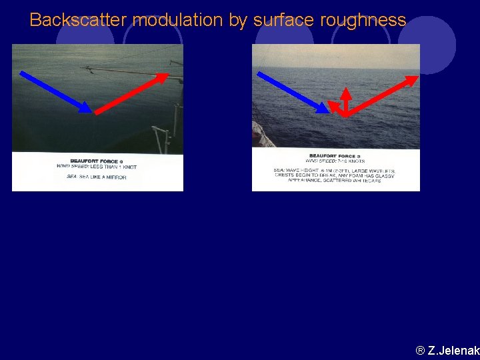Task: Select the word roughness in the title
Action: tap(363, 20)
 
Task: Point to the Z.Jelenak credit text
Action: tap(447, 350)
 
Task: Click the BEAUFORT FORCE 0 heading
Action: tap(97, 161)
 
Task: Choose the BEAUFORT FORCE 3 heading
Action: tap(335, 156)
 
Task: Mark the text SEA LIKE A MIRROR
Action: tap(97, 177)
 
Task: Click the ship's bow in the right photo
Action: tap(263, 136)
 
